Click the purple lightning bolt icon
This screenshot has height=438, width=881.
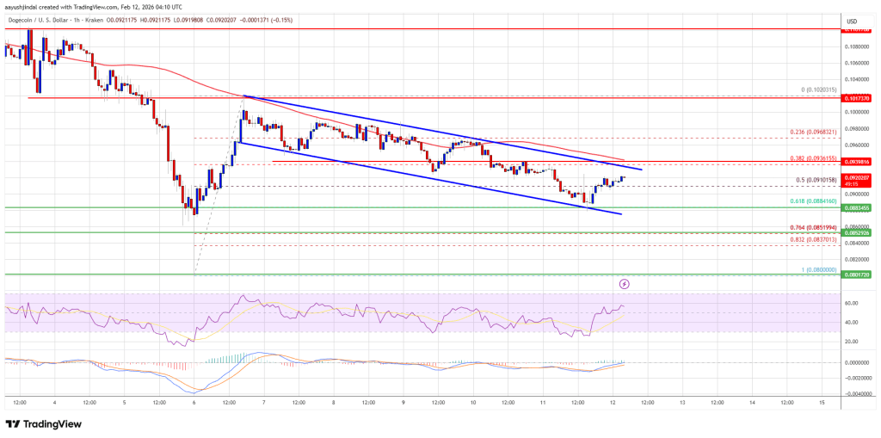(625, 282)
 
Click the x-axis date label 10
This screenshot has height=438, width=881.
(472, 402)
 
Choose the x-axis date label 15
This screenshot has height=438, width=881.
(822, 402)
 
